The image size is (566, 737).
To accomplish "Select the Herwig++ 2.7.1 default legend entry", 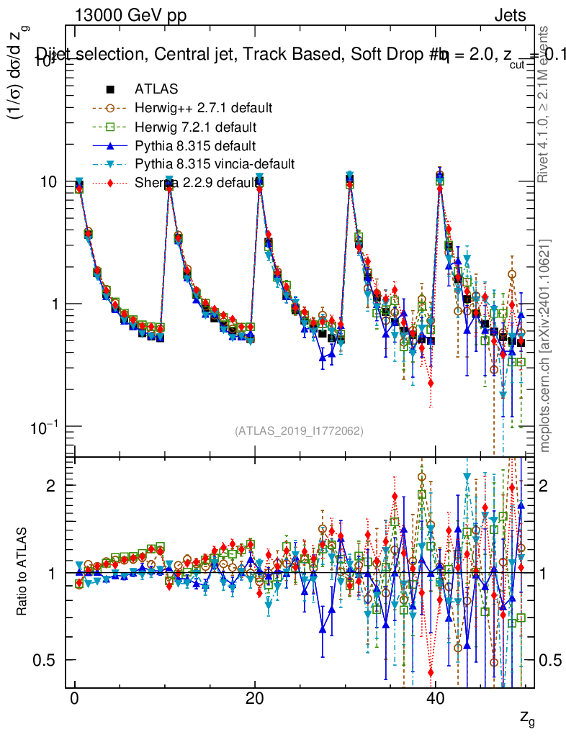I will [203, 108].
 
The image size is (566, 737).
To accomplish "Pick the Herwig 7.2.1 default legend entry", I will [196, 127].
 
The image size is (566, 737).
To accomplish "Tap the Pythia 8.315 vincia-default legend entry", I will [215, 164].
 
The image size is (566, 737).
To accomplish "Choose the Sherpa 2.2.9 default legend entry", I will [197, 183].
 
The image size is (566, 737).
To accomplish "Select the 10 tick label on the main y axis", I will [50, 182].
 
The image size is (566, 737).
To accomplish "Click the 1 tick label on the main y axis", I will [55, 304].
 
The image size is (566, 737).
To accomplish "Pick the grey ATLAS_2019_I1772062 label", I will [299, 431].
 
